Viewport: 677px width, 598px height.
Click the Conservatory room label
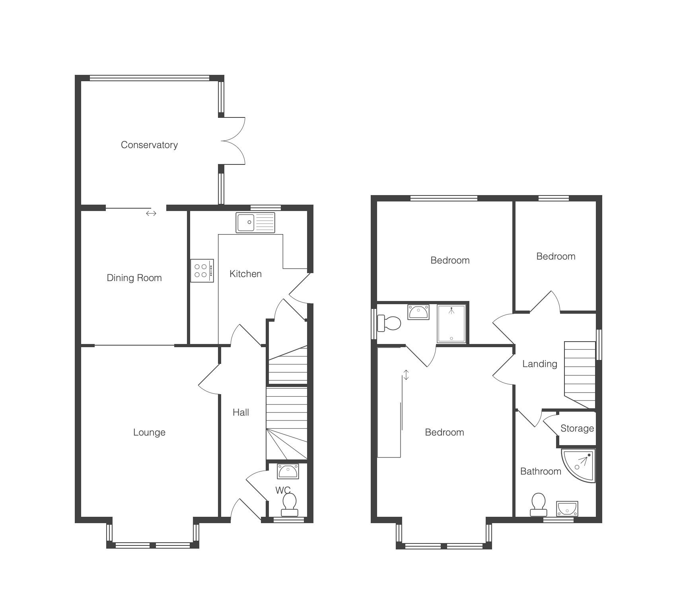pos(149,145)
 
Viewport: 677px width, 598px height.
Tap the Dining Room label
pos(134,278)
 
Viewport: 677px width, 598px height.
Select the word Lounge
pos(149,432)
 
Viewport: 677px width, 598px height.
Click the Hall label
pos(241,412)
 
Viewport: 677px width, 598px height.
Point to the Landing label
pos(540,364)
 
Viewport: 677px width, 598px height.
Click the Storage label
pos(577,429)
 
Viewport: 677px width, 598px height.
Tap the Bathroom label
pos(541,471)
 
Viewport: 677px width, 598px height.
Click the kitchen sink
pos(255,223)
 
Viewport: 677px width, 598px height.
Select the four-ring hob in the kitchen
pos(202,271)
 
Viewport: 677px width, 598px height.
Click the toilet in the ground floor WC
pos(289,505)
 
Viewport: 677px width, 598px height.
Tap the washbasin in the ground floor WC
pos(288,471)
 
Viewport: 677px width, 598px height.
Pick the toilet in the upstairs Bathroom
pos(538,505)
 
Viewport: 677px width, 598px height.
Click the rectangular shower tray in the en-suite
pos(451,324)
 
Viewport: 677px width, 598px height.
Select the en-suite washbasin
pos(418,312)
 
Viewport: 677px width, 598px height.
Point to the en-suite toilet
pos(389,323)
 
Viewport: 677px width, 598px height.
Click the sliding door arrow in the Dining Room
pos(151,213)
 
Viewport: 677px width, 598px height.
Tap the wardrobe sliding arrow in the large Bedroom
pos(406,375)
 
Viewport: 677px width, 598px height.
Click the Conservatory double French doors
pos(232,141)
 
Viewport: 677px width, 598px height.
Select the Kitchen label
pos(246,274)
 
